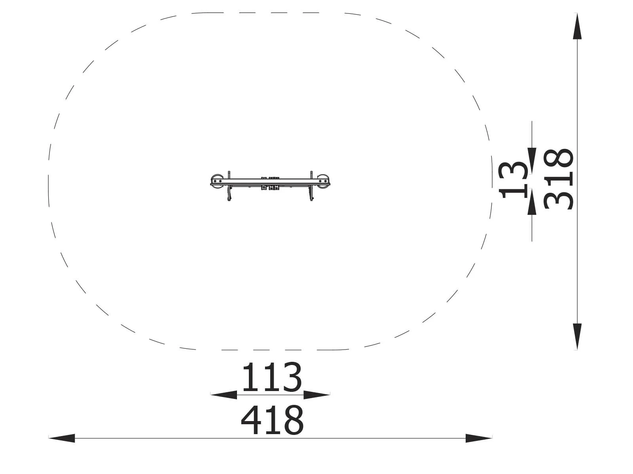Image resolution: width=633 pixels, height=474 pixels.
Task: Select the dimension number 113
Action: click(x=272, y=377)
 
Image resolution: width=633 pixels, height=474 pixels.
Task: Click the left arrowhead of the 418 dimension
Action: click(x=61, y=438)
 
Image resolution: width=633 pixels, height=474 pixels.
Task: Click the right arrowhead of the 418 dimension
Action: click(x=479, y=438)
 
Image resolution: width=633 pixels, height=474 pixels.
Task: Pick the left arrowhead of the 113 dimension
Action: click(x=224, y=395)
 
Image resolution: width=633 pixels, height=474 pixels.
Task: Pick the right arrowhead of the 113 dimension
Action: click(x=316, y=395)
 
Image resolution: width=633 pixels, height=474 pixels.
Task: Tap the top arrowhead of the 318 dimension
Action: click(x=577, y=26)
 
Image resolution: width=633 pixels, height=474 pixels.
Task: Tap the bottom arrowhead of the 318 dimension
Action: click(x=577, y=337)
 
